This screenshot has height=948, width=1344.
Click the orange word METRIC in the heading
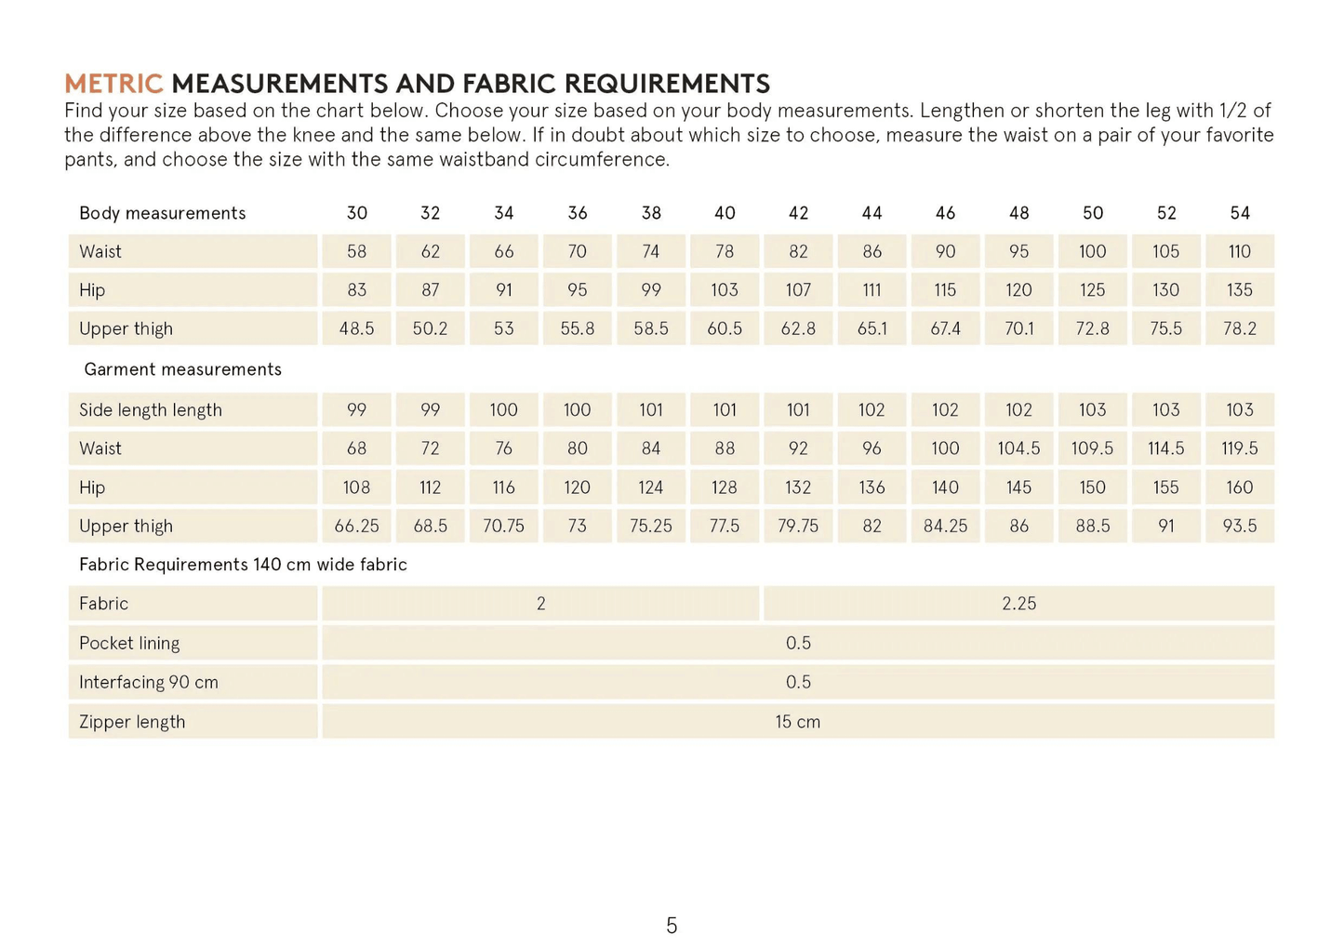[x=113, y=84]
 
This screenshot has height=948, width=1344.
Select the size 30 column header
[x=356, y=213]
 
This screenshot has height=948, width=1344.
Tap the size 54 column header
[x=1239, y=213]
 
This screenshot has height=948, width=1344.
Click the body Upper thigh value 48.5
[x=356, y=328]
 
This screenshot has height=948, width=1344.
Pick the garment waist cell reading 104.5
[x=1018, y=448]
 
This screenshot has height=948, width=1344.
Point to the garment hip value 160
[x=1239, y=487]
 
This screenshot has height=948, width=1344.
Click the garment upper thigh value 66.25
[x=356, y=527]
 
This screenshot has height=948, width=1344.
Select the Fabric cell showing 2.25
[x=1018, y=604]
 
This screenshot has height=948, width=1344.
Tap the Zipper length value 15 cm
[x=797, y=722]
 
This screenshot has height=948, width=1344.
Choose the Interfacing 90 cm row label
[x=149, y=682]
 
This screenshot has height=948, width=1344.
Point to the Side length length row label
[x=151, y=410]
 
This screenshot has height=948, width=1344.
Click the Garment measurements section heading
[x=182, y=369]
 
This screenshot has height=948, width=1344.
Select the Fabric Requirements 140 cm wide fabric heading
[x=243, y=565]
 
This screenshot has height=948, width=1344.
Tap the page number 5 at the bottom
[x=672, y=925]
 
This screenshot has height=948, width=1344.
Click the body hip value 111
[x=872, y=290]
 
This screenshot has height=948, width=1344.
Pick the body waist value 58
[x=356, y=251]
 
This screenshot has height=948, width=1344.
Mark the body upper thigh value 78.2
[x=1239, y=328]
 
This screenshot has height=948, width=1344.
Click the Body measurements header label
[x=163, y=213]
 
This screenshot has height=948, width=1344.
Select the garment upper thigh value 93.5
[x=1239, y=527]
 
